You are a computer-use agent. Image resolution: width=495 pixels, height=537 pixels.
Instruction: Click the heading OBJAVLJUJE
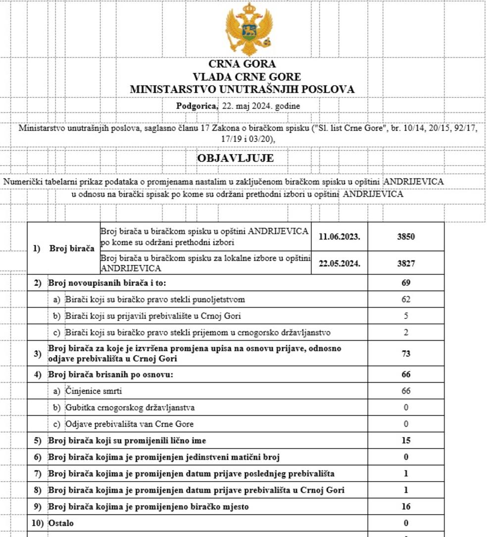[235, 158]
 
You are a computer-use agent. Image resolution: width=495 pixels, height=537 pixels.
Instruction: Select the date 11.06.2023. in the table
[340, 236]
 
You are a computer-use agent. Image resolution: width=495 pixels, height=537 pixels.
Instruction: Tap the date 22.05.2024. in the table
[340, 264]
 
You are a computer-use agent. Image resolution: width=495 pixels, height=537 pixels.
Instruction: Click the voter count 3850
[406, 236]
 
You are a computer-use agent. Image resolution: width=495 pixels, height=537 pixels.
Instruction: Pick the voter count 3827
[406, 264]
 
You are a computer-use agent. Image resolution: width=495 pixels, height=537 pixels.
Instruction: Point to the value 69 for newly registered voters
[406, 283]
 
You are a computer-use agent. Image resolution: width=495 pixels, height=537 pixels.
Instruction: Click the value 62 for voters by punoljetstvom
[406, 300]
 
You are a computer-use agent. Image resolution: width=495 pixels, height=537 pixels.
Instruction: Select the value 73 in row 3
[406, 354]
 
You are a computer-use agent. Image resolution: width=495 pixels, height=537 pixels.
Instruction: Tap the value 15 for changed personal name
[406, 441]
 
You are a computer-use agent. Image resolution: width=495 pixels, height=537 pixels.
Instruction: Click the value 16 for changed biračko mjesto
[406, 507]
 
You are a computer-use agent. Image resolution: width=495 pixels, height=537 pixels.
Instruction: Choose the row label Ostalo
[61, 523]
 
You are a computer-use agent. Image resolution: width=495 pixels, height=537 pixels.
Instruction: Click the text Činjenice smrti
[94, 391]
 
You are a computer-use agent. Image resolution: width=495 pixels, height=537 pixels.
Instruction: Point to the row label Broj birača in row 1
[72, 248]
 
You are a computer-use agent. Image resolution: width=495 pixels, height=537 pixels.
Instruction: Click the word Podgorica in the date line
[197, 106]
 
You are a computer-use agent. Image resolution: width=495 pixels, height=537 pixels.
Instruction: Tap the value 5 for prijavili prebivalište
[406, 316]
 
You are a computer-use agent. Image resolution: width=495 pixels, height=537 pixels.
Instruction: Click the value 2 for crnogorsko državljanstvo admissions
[406, 332]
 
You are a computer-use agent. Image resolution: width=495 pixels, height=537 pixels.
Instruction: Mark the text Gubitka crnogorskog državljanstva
[130, 408]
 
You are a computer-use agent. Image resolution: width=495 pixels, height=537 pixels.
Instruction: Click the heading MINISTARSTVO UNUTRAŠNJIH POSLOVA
[242, 90]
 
